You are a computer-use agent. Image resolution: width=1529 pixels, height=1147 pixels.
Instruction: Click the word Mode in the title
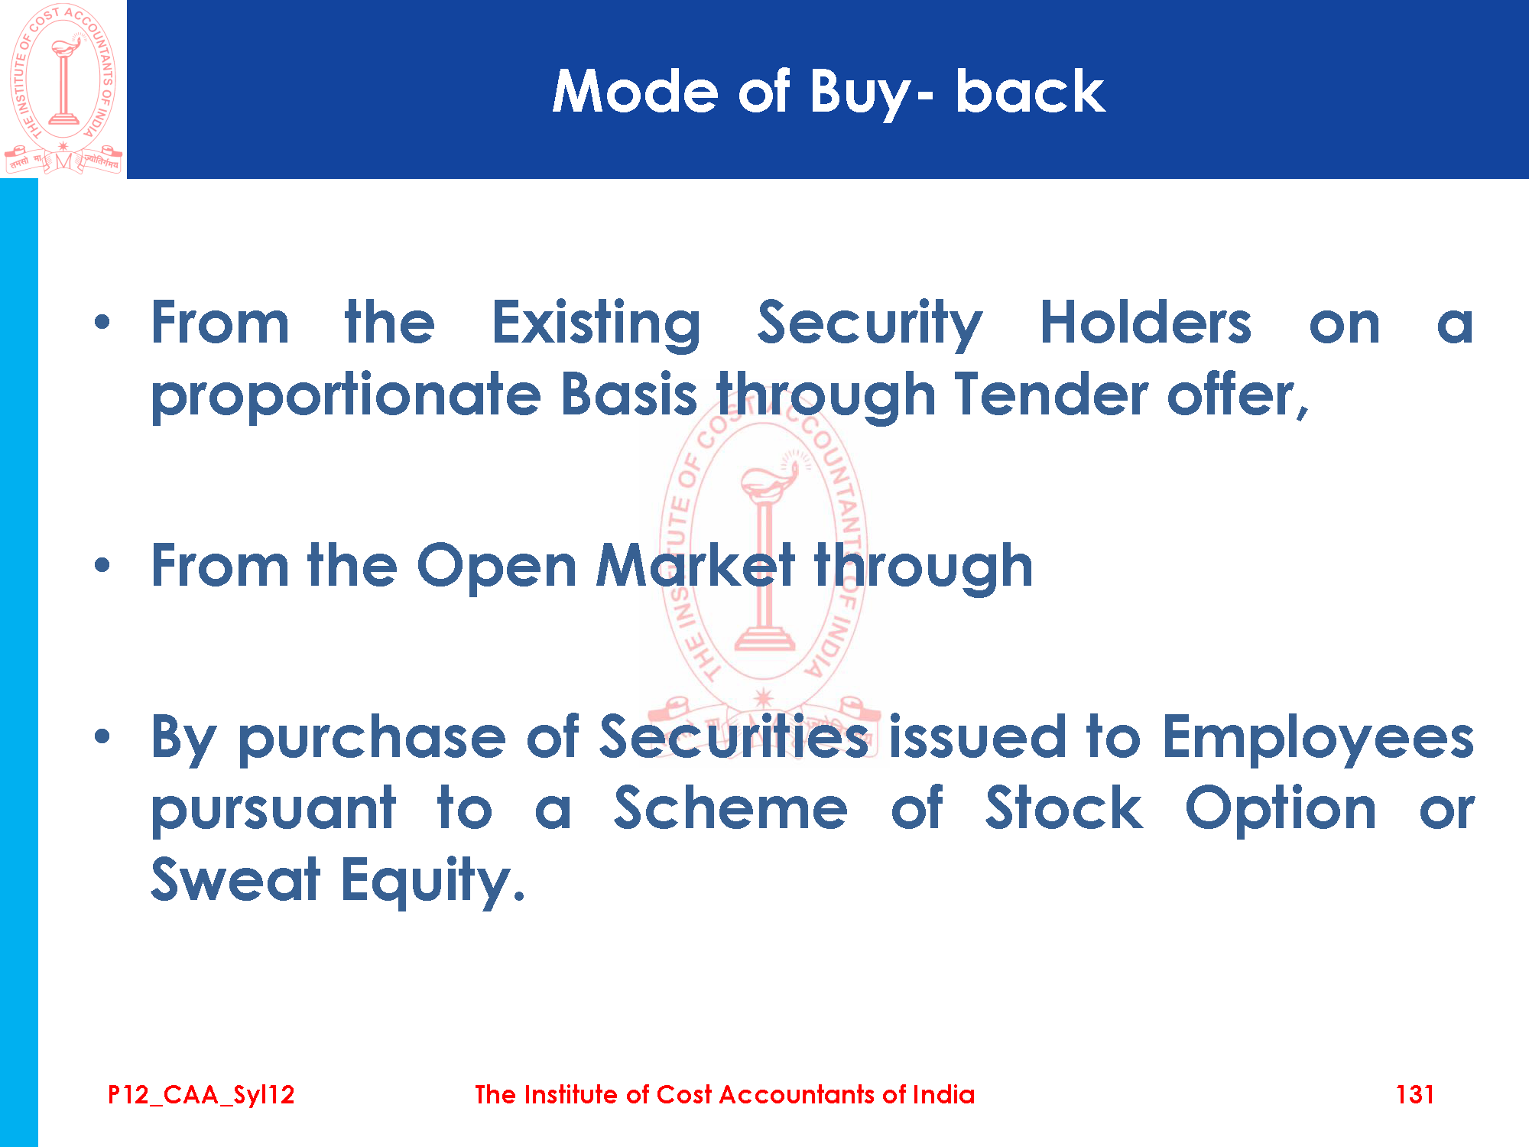tap(635, 92)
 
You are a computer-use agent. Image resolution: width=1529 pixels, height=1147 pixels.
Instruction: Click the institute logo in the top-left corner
tap(63, 89)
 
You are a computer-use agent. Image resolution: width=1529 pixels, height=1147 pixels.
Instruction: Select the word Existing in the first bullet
tap(596, 324)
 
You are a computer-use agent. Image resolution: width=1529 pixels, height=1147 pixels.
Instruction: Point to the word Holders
tap(1145, 323)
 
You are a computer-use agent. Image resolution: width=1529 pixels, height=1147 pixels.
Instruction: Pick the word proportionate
tap(346, 396)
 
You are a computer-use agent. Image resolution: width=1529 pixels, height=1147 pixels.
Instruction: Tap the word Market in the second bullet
tap(696, 566)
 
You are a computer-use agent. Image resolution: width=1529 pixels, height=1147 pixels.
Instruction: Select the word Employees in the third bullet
tap(1318, 739)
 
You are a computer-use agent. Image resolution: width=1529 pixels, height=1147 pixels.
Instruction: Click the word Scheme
tap(731, 808)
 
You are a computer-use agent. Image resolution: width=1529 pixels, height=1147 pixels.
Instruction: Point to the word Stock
tap(1063, 808)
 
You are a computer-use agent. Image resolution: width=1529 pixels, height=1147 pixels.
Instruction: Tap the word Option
tap(1281, 811)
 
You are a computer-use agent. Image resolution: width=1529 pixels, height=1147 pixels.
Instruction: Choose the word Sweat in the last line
tap(235, 879)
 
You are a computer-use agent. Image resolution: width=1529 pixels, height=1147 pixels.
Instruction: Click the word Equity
tap(433, 882)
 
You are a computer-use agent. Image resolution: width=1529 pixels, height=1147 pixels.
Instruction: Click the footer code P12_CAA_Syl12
tap(201, 1095)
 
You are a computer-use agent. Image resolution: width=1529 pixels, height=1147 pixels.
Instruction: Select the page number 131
tap(1414, 1094)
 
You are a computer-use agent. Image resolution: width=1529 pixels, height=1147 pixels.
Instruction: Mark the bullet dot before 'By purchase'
tap(102, 737)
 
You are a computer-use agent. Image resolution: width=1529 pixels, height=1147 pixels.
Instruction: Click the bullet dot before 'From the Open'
tap(102, 566)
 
